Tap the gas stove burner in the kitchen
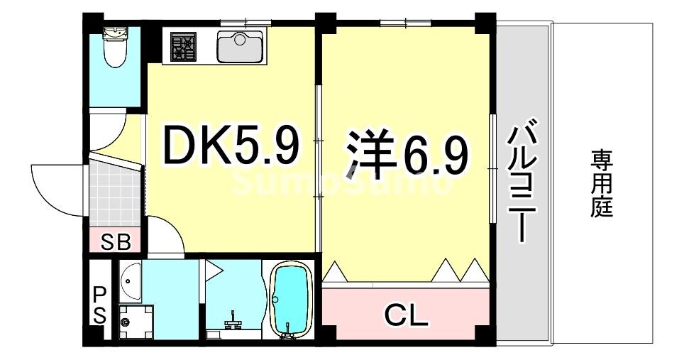tap(182, 48)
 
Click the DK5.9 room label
tap(231, 145)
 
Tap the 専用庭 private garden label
tap(602, 183)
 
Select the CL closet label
tap(406, 313)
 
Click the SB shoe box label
tap(115, 242)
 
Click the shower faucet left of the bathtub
tap(232, 324)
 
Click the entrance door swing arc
tap(53, 181)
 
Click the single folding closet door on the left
tap(336, 271)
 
